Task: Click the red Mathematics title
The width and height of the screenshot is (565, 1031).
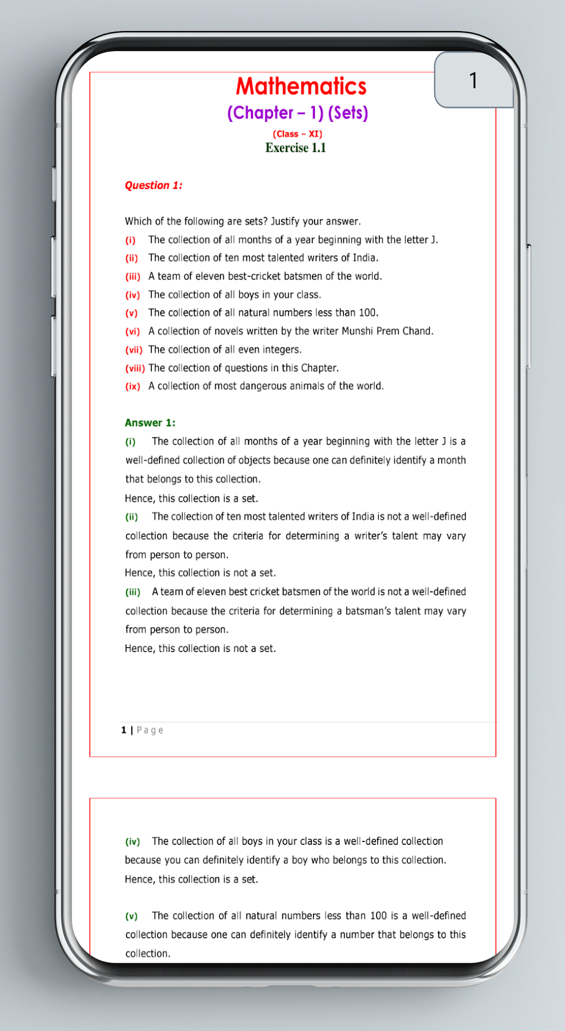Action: [x=301, y=86]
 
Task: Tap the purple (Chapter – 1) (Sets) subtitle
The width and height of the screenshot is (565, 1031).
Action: [x=297, y=113]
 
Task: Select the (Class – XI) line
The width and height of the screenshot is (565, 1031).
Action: [x=297, y=134]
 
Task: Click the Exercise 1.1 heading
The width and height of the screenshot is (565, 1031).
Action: [x=295, y=148]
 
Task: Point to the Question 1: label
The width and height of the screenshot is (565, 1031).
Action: [x=153, y=185]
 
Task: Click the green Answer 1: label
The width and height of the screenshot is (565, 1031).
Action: [x=150, y=423]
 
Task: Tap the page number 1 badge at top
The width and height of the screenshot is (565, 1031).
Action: [x=474, y=80]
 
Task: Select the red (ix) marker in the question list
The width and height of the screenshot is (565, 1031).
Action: [x=132, y=386]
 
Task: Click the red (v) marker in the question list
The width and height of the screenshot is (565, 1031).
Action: [x=131, y=313]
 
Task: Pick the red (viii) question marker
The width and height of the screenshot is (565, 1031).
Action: [x=135, y=368]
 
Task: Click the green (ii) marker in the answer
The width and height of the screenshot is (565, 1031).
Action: [x=131, y=517]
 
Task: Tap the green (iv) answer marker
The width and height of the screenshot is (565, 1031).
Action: [x=132, y=842]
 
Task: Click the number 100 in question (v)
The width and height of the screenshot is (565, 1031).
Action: [x=367, y=313]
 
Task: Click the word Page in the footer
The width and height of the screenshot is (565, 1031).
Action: [x=150, y=731]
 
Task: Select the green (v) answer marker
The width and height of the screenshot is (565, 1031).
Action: [x=131, y=916]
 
